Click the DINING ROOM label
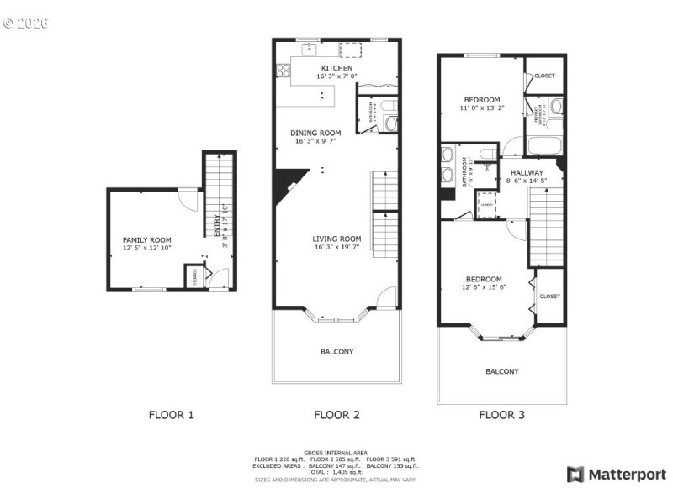315,133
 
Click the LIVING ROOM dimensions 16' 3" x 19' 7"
336,248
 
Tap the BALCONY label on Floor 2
336,351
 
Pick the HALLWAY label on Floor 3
527,172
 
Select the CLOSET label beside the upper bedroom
545,76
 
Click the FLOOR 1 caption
172,414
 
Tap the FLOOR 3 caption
501,414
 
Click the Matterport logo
616,475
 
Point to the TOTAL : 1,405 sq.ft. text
336,472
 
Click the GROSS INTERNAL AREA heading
336,453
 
